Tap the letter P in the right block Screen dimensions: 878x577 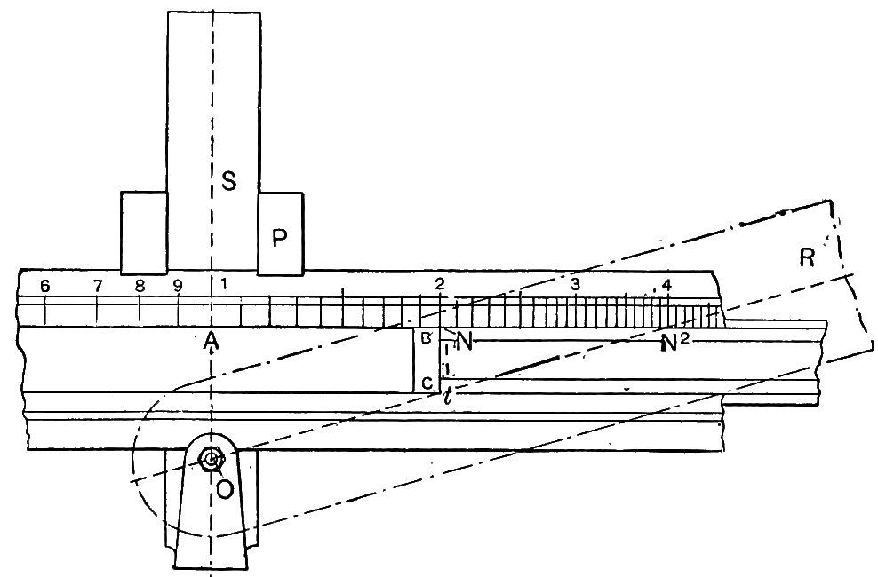279,238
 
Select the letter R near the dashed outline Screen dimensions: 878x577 807,258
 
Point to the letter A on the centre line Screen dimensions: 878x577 211,339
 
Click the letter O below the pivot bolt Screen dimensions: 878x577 225,490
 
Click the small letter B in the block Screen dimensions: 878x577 427,337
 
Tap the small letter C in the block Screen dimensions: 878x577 427,383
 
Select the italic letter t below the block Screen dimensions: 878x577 446,397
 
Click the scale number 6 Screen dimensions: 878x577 44,286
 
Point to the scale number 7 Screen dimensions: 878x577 98,286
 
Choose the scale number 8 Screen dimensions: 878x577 140,286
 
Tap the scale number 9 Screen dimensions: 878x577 178,286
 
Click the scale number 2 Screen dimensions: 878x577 440,283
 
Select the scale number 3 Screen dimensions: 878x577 575,283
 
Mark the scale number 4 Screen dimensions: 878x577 666,285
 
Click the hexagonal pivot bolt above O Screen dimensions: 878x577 212,460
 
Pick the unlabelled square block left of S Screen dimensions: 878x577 144,233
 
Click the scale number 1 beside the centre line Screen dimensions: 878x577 224,283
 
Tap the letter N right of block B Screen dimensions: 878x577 464,341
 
